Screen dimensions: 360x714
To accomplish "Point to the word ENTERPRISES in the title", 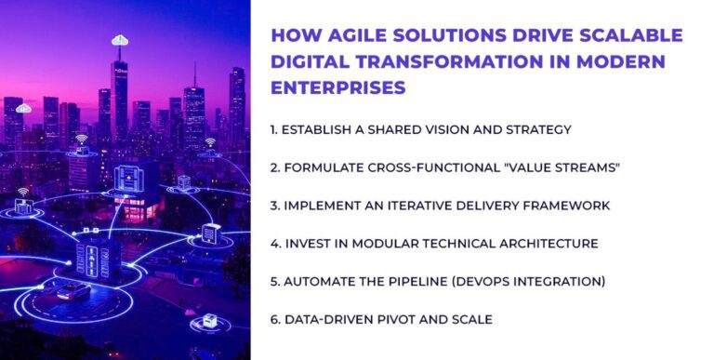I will click(337, 88).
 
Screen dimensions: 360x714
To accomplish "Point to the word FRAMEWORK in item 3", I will click(578, 206).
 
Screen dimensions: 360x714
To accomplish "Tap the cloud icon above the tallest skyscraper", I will click(119, 40).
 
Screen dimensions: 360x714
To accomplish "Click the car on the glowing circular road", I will click(71, 291).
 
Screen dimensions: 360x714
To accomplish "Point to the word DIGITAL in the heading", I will click(308, 62).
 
